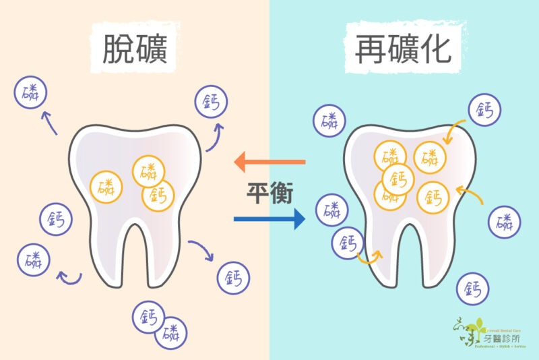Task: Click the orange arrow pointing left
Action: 269,162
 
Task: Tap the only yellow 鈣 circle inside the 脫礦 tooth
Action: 158,196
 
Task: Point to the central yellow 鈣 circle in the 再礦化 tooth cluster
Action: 398,179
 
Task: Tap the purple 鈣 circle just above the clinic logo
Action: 473,289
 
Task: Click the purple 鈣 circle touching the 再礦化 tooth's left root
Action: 348,243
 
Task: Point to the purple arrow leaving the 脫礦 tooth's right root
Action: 201,250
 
